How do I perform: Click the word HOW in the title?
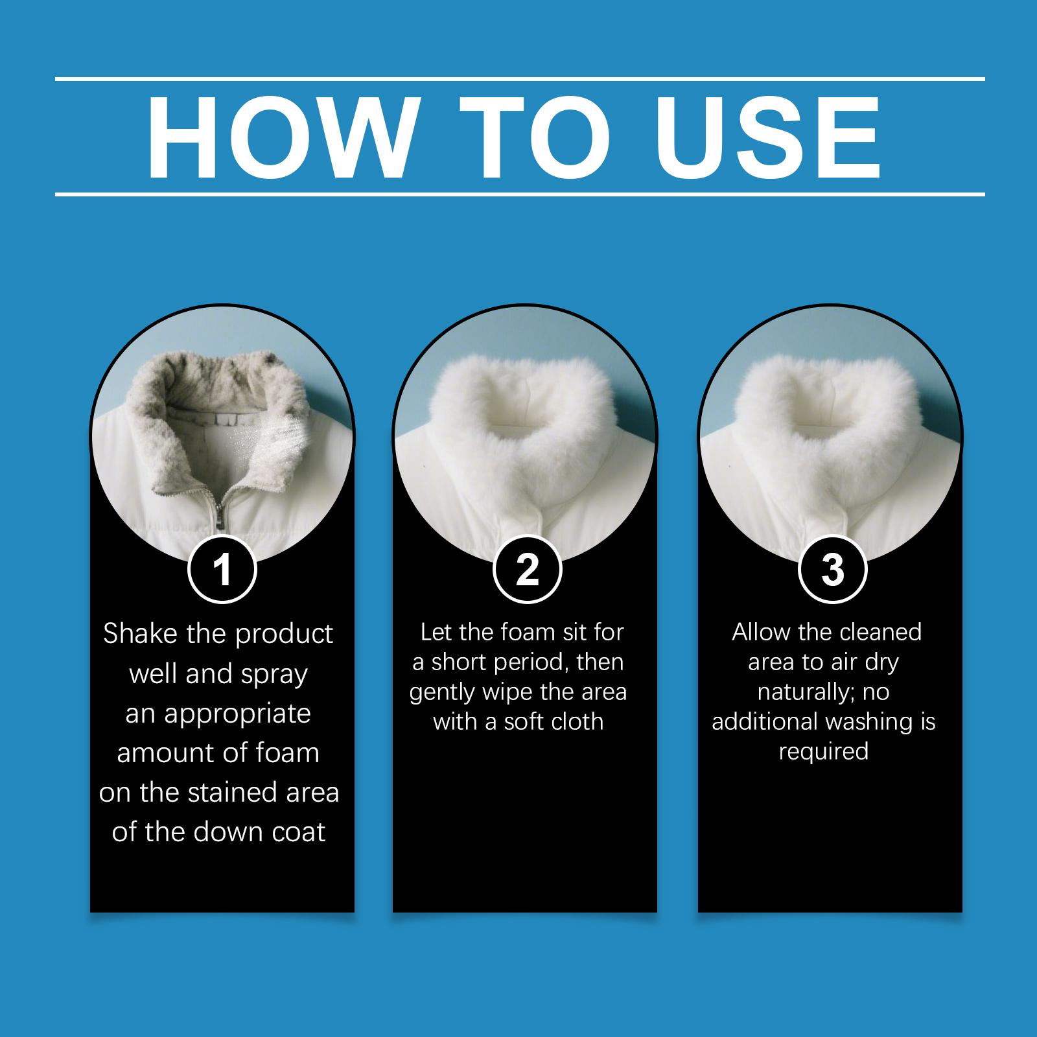coord(280,139)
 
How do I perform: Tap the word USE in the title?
coord(769,139)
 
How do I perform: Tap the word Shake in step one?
coord(141,634)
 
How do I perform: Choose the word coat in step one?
coord(296,832)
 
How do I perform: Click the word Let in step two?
coord(435,632)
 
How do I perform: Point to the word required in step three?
coord(823,752)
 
